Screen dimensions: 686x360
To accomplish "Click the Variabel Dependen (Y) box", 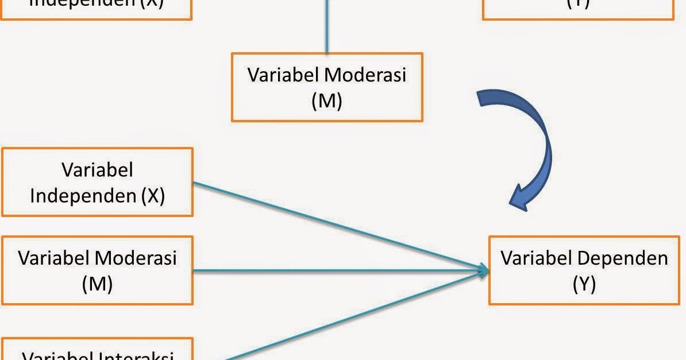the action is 584,270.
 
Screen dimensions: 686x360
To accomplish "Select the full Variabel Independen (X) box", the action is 97,182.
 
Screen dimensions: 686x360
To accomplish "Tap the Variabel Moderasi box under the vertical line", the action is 327,87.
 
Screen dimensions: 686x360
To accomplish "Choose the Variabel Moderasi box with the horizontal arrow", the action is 97,270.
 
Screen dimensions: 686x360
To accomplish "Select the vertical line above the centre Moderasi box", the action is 327,26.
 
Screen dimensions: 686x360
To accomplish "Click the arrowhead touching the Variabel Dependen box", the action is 483,270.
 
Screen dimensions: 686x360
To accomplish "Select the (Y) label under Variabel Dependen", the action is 584,284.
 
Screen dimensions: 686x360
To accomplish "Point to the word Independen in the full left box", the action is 83,196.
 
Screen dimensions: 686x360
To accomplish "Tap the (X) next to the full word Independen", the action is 152,196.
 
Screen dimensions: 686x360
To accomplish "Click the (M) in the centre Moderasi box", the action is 327,101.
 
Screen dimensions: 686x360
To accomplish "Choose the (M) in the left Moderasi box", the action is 97,284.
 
